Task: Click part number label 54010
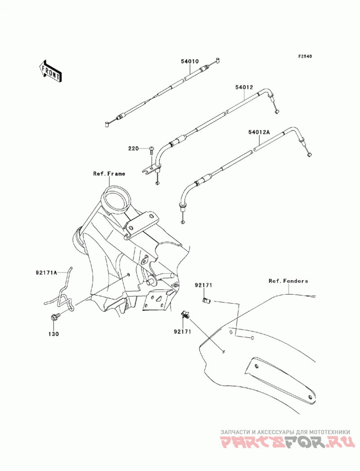189,62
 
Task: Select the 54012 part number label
244,87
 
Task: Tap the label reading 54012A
259,132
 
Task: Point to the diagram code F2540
305,56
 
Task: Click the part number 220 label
134,148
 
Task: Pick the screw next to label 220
151,151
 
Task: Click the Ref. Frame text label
109,174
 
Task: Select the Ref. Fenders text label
288,281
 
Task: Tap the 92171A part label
46,273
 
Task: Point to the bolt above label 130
55,316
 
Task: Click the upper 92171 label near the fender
203,285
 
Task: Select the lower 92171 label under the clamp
182,332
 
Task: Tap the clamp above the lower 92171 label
185,315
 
